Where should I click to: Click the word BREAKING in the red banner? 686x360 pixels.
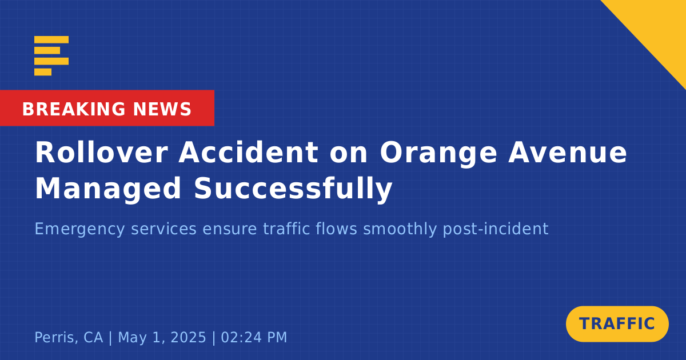(74, 109)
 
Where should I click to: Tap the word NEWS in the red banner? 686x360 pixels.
(162, 109)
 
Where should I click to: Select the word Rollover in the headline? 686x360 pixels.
(102, 153)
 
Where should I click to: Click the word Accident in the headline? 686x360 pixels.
(249, 153)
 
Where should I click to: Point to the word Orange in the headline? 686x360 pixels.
(438, 155)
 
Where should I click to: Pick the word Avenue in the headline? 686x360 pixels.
(568, 153)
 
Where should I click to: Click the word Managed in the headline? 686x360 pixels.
(109, 190)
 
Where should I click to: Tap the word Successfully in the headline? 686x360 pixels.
(293, 189)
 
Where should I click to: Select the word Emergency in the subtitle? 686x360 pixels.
(79, 229)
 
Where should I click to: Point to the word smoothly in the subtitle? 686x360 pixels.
(400, 229)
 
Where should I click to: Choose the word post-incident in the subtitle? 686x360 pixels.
(496, 229)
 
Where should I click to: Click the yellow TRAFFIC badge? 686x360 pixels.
(617, 324)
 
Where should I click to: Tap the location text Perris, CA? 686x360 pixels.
(69, 338)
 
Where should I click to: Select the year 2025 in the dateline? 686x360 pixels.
(188, 337)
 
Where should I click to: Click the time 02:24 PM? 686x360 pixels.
(254, 337)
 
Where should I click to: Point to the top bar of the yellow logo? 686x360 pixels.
(51, 39)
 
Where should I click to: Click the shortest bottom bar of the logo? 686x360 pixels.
(43, 72)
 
